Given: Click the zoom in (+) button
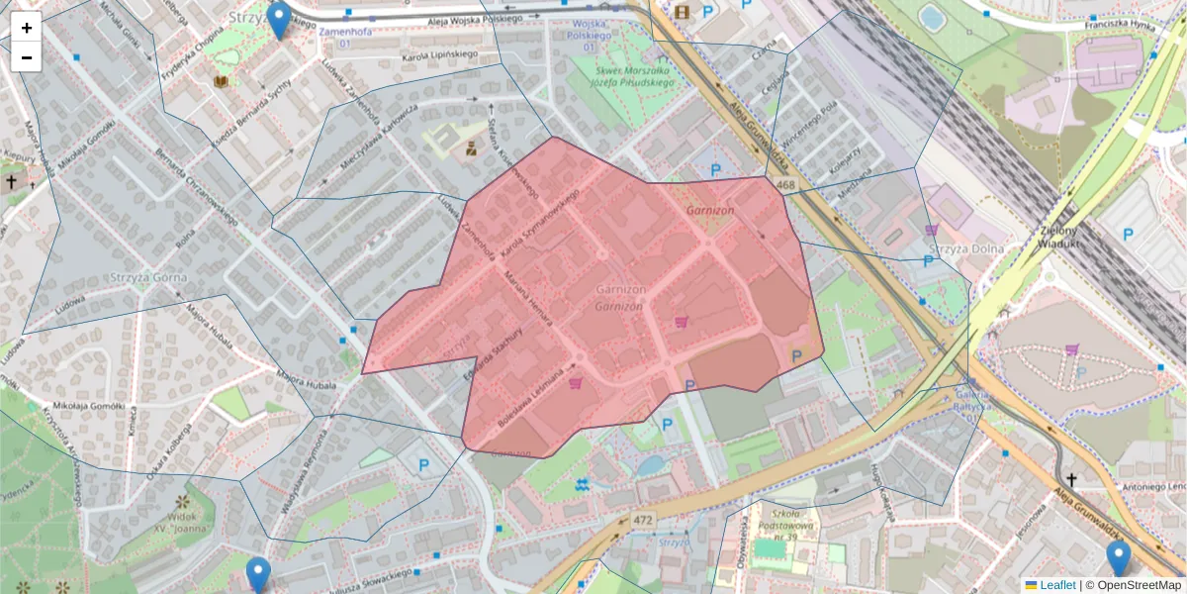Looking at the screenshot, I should [x=27, y=28].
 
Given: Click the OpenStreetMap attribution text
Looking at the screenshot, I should [x=1139, y=585].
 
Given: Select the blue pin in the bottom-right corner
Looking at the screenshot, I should [x=1119, y=557].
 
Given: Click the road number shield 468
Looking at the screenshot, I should [x=786, y=185].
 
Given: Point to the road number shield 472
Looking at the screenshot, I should [x=644, y=520].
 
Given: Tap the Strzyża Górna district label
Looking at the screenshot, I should [x=148, y=277].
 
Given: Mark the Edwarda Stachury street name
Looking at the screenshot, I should [x=492, y=352].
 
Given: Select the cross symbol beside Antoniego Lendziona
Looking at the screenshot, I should [x=1069, y=479].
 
